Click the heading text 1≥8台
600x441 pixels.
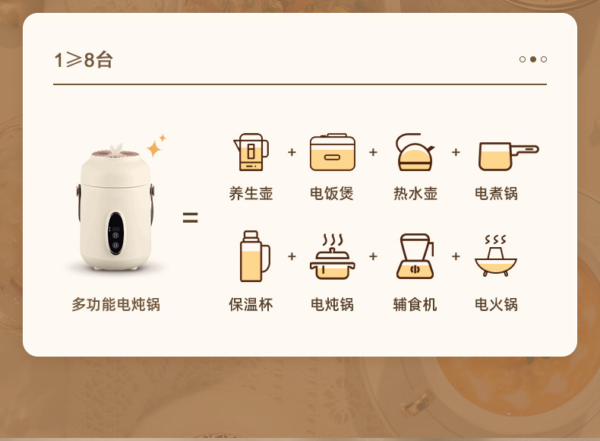coord(84,60)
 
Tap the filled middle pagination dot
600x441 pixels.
coord(533,59)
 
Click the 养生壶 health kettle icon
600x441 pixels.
coord(251,152)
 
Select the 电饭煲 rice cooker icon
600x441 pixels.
coord(333,152)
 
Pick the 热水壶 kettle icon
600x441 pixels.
coord(415,152)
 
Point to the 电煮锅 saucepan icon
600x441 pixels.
coord(509,157)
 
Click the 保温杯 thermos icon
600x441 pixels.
coord(255,256)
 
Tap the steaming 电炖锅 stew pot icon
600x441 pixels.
coord(333,257)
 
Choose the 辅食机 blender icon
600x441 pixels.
coord(415,256)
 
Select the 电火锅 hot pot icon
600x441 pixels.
coord(496,255)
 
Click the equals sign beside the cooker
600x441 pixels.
coord(190,217)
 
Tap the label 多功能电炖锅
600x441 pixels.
coord(116,305)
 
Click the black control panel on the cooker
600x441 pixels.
coord(115,233)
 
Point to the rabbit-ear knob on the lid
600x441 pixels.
coord(115,151)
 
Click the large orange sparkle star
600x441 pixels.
coord(154,149)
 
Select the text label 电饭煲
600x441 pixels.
coord(332,194)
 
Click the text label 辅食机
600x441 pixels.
coord(415,305)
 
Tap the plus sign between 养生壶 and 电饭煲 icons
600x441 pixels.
coord(292,152)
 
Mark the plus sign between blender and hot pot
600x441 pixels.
coord(456,256)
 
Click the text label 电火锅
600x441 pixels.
coord(496,305)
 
